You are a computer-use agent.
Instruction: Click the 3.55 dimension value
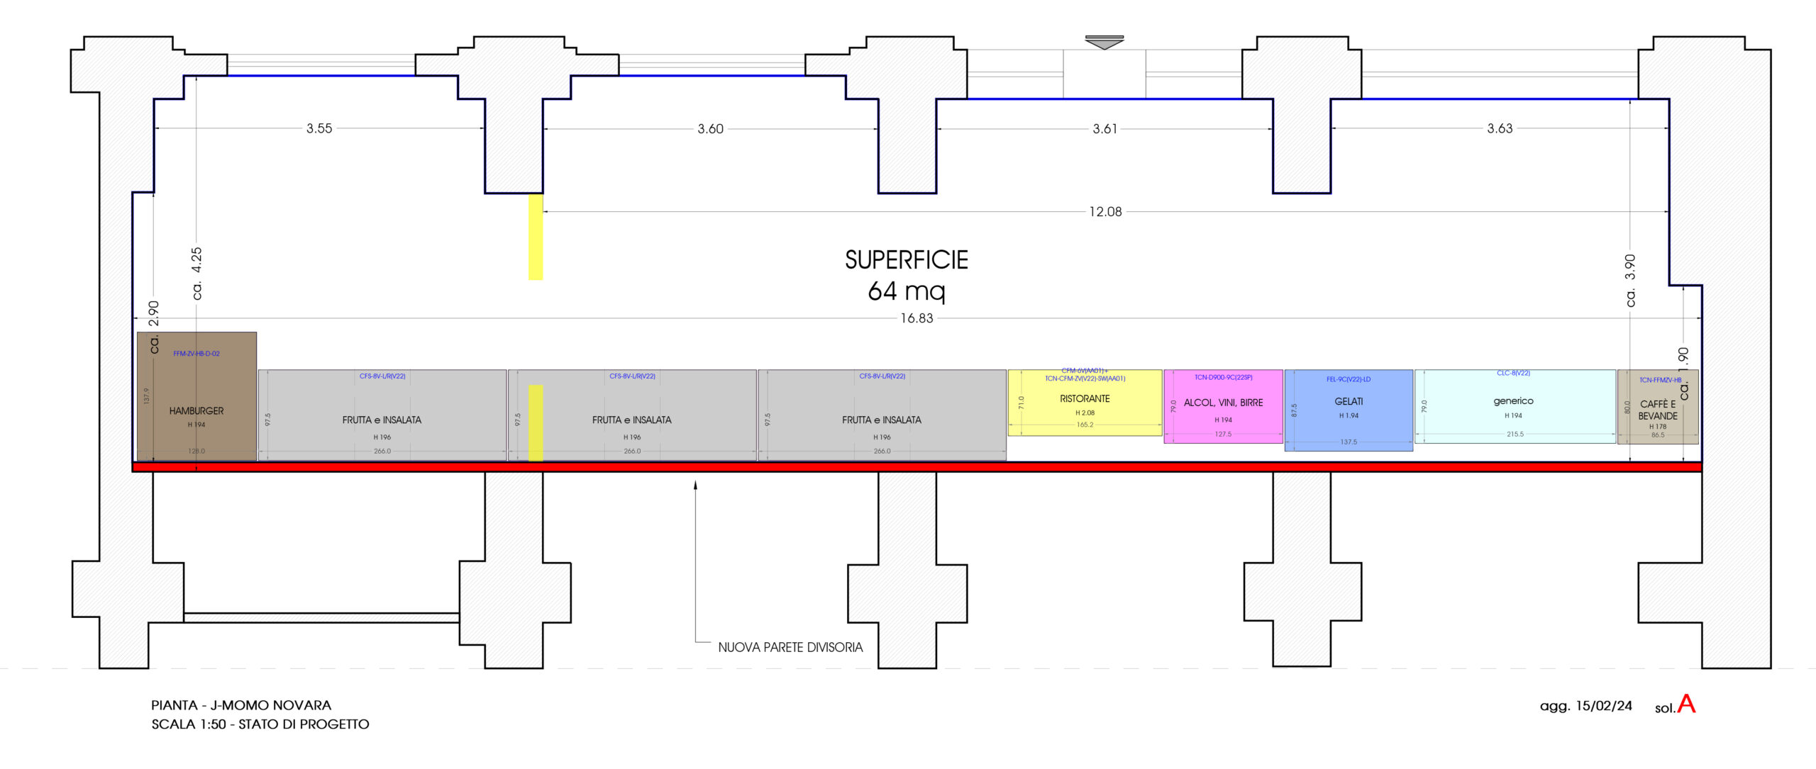point(319,128)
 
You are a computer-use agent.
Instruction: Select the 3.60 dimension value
point(710,129)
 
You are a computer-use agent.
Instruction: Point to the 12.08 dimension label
point(1105,211)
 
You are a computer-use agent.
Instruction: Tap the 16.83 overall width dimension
point(917,318)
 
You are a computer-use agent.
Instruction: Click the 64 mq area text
point(906,291)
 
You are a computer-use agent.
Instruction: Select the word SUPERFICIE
point(906,260)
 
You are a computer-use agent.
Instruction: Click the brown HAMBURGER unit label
point(196,411)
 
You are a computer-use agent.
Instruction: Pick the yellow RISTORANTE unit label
point(1085,399)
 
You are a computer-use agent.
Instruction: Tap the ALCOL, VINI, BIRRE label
point(1223,403)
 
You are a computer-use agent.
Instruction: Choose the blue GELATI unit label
point(1349,401)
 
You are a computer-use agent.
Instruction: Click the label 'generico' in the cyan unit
point(1513,401)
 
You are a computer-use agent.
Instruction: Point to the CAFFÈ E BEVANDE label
point(1658,410)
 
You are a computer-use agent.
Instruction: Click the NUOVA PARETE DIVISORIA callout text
point(790,647)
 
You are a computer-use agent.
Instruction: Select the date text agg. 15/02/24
point(1585,706)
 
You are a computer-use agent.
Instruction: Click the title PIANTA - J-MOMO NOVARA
point(241,705)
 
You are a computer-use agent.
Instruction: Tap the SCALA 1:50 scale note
point(260,724)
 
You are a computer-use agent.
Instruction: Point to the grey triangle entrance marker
point(1104,43)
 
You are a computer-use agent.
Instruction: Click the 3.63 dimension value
point(1500,128)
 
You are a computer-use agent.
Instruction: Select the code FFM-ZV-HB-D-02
point(196,354)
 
